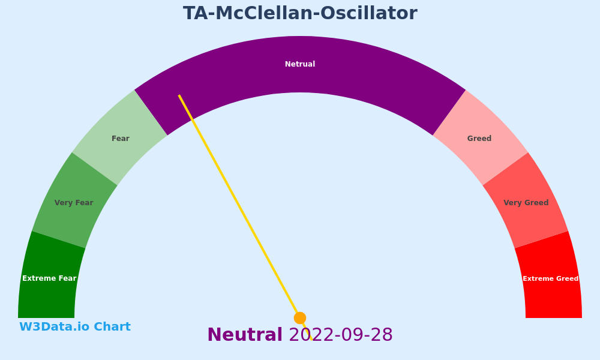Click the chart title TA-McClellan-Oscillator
click(x=300, y=13)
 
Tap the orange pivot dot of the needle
click(x=300, y=318)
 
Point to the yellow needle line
click(x=245, y=217)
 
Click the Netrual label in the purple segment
click(x=300, y=64)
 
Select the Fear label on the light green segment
click(x=121, y=139)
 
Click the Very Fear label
click(x=74, y=203)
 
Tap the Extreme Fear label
click(x=49, y=278)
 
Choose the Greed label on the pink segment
click(x=479, y=139)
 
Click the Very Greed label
click(x=526, y=203)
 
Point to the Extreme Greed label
click(x=551, y=278)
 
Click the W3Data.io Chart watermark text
click(x=75, y=327)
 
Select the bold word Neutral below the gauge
click(x=245, y=335)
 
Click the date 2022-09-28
click(x=341, y=335)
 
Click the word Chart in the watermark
click(x=112, y=327)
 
